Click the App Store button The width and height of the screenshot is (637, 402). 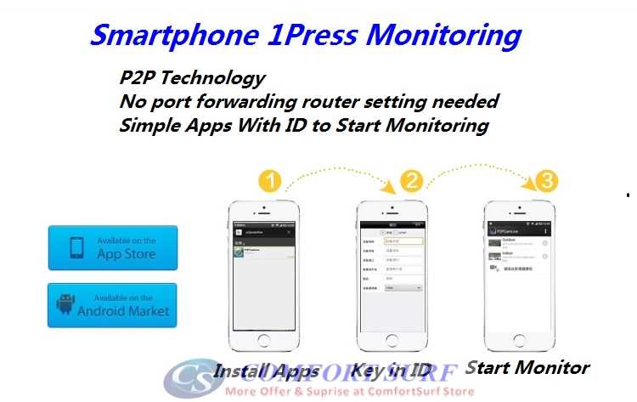[113, 247]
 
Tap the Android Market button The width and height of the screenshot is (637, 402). [113, 304]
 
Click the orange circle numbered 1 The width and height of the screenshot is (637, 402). [269, 181]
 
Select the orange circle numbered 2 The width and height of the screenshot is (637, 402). [411, 181]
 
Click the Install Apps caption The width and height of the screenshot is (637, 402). [266, 371]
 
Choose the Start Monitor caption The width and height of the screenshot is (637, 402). [527, 368]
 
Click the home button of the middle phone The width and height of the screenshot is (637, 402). [392, 341]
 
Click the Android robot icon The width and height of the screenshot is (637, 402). [65, 304]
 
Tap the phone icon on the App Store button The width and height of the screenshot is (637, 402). [76, 247]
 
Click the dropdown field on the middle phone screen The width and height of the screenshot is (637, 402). [404, 287]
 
